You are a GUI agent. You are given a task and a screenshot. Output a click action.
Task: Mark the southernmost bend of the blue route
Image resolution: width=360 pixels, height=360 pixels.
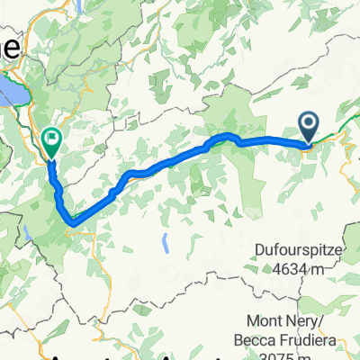[x=71, y=220]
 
